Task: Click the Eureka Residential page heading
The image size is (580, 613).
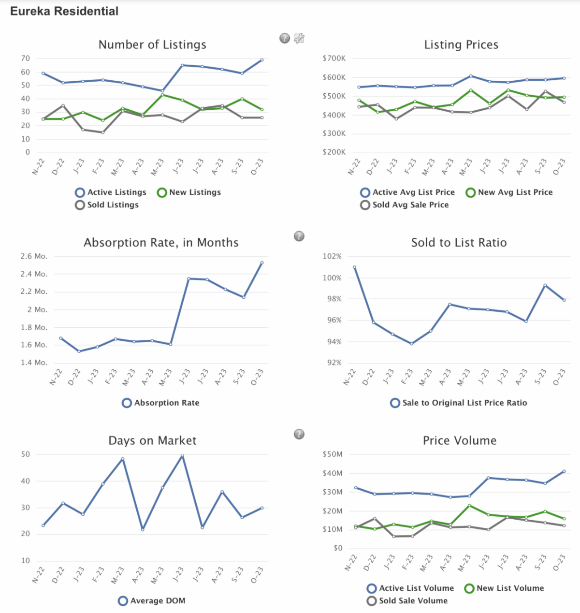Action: point(64,11)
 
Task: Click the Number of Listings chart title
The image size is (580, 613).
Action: point(152,44)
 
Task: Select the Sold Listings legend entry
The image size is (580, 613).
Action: point(107,205)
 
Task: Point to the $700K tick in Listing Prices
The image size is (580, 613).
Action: point(334,58)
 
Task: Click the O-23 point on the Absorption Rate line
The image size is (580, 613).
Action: point(262,263)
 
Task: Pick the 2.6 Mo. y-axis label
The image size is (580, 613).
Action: point(34,256)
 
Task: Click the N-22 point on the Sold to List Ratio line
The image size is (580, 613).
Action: point(354,267)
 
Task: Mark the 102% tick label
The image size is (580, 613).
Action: point(332,256)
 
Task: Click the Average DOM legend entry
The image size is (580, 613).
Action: point(152,601)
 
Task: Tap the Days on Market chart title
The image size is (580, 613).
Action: point(152,440)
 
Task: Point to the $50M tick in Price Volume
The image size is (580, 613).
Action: point(333,454)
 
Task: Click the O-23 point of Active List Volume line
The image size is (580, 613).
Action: point(564,471)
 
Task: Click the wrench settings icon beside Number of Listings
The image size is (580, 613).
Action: point(299,38)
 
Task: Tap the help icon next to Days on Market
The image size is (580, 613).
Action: point(299,434)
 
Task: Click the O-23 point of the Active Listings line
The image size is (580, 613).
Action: point(262,60)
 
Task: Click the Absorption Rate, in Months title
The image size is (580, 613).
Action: point(161,243)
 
